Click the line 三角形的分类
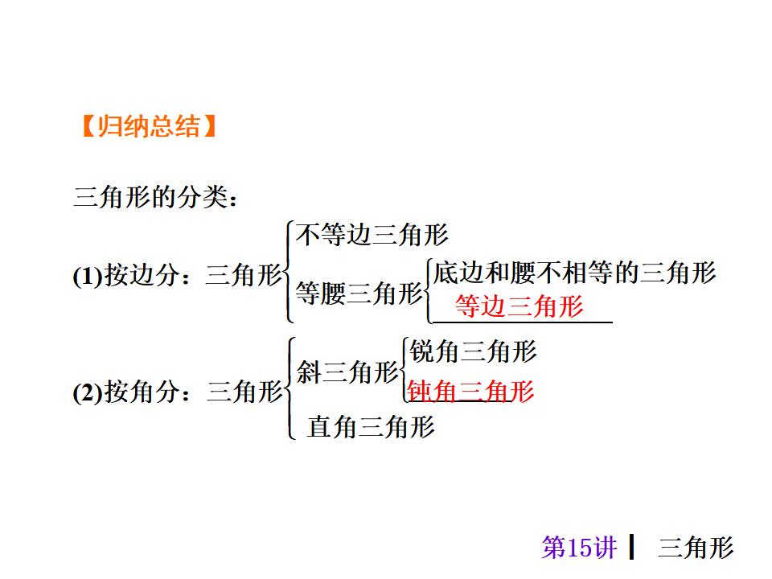pyautogui.click(x=155, y=198)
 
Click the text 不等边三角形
pyautogui.click(x=372, y=235)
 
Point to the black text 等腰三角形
pyautogui.click(x=358, y=294)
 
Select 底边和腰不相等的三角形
pyautogui.click(x=574, y=273)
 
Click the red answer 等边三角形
pyautogui.click(x=519, y=306)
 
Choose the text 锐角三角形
pyautogui.click(x=473, y=351)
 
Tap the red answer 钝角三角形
pyautogui.click(x=471, y=392)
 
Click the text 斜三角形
pyautogui.click(x=347, y=372)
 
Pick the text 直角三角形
pyautogui.click(x=371, y=426)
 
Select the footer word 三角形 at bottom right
pyautogui.click(x=696, y=548)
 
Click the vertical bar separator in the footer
pyautogui.click(x=633, y=547)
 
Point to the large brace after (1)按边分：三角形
pyautogui.click(x=289, y=273)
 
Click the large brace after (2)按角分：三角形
pyautogui.click(x=289, y=388)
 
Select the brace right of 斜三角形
pyautogui.click(x=404, y=370)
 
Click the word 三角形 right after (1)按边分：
pyautogui.click(x=244, y=276)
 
